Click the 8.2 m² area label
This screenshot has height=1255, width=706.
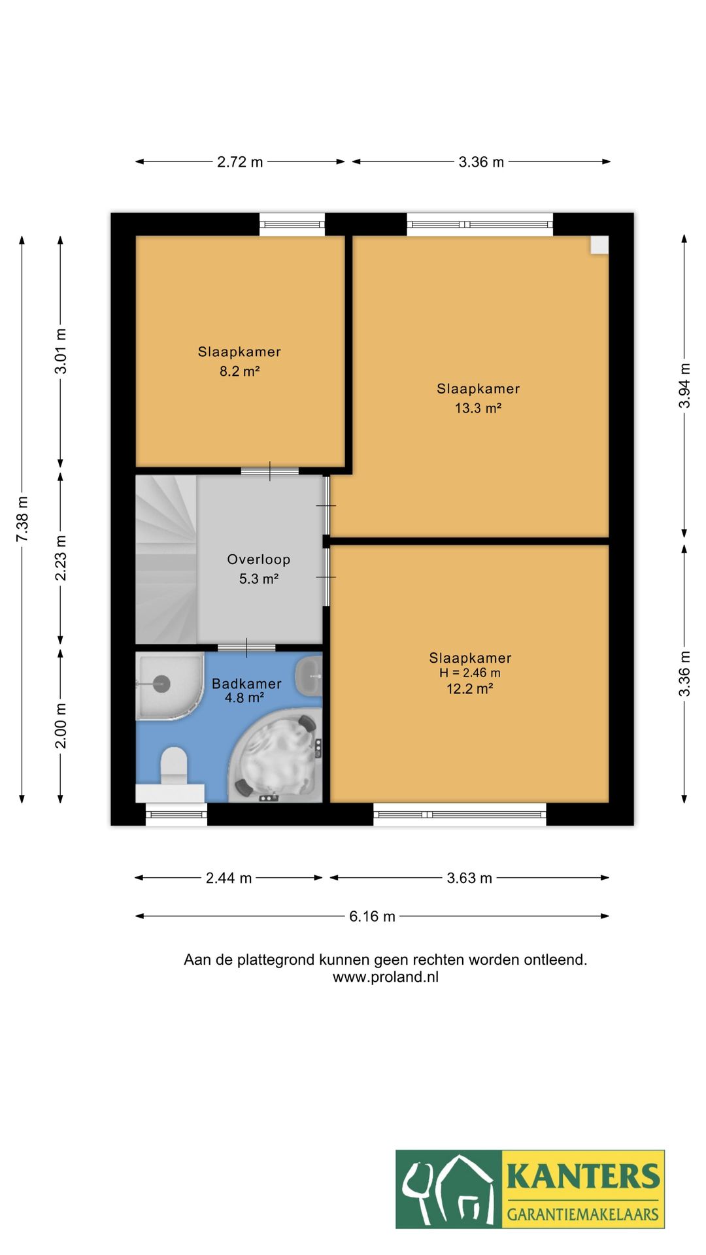coord(239,371)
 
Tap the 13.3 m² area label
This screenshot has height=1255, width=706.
coord(478,409)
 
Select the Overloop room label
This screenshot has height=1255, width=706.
coord(258,560)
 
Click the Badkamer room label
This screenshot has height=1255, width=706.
coord(246,684)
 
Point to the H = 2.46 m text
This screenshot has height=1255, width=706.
coord(469,673)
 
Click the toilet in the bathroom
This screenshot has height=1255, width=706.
coord(174,765)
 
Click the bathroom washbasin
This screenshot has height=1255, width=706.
coord(309,676)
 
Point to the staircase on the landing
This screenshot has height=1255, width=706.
coord(166,559)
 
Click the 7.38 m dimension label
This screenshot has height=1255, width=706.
coord(22,519)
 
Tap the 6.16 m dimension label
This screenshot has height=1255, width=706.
coord(372,916)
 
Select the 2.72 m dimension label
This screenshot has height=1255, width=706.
coord(240,162)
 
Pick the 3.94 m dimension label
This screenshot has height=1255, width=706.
coord(684,386)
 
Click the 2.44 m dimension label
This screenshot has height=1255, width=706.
coord(229,878)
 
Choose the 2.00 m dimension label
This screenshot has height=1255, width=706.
coord(61,726)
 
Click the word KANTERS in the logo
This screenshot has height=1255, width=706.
coord(583,1176)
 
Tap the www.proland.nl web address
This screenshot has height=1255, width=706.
coord(386,977)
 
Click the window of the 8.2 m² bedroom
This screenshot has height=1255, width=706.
coord(292,224)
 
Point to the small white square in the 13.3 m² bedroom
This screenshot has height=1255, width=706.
coord(599,244)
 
